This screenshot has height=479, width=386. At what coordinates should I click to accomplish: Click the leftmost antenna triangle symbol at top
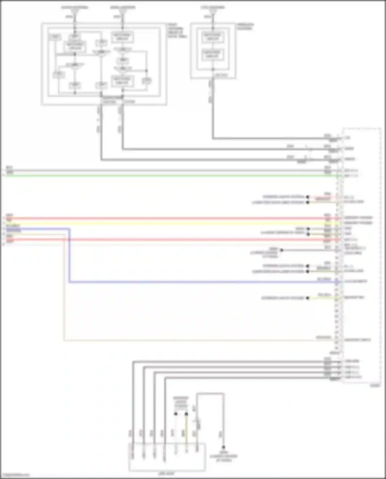75,12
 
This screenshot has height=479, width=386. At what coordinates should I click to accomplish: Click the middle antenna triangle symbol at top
122,12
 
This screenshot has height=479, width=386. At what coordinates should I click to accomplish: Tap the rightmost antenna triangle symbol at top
213,12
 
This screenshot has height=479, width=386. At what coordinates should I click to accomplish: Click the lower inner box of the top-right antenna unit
213,55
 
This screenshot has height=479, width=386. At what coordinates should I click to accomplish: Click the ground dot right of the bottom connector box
223,447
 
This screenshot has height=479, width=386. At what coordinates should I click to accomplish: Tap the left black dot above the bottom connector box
176,414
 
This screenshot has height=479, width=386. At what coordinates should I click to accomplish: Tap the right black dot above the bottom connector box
186,414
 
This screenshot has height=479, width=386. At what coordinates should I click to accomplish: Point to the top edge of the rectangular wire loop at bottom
210,393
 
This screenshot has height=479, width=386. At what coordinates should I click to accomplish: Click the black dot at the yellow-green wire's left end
308,298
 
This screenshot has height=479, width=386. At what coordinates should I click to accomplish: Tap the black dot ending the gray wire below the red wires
282,250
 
